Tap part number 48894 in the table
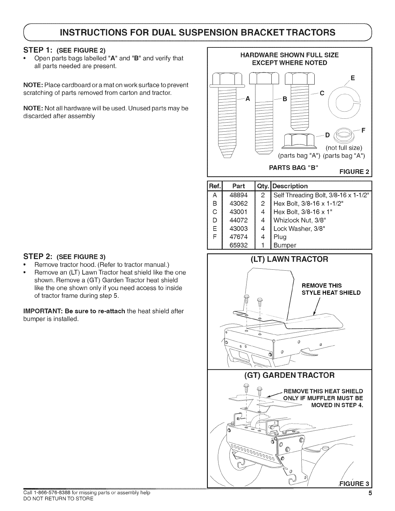238,195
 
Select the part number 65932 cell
238,245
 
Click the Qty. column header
263,186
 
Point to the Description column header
290,186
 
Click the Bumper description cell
285,245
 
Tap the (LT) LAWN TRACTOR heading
289,259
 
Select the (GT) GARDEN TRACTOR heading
289,375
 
